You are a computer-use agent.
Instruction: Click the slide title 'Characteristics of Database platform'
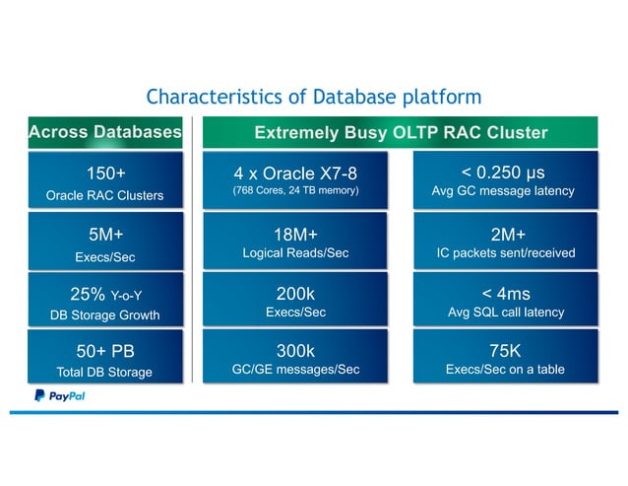pyautogui.click(x=313, y=97)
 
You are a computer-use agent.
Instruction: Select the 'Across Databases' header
pyautogui.click(x=105, y=132)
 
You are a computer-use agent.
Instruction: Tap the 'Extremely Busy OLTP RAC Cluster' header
pyautogui.click(x=401, y=132)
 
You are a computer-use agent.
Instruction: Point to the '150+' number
pyautogui.click(x=105, y=174)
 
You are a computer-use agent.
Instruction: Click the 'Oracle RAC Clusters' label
pyautogui.click(x=105, y=195)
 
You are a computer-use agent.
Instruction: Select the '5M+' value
pyautogui.click(x=105, y=234)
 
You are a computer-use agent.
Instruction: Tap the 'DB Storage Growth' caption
pyautogui.click(x=105, y=315)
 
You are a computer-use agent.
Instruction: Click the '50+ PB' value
pyautogui.click(x=105, y=352)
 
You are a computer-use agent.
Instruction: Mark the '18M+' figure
pyautogui.click(x=295, y=234)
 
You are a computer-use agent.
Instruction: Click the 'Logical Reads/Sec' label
pyautogui.click(x=295, y=253)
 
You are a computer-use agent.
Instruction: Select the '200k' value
pyautogui.click(x=295, y=293)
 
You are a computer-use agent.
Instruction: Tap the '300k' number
pyautogui.click(x=295, y=351)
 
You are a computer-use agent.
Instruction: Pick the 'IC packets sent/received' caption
pyautogui.click(x=504, y=253)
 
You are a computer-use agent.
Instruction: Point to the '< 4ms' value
pyautogui.click(x=504, y=293)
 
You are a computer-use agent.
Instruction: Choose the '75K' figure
pyautogui.click(x=504, y=351)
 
